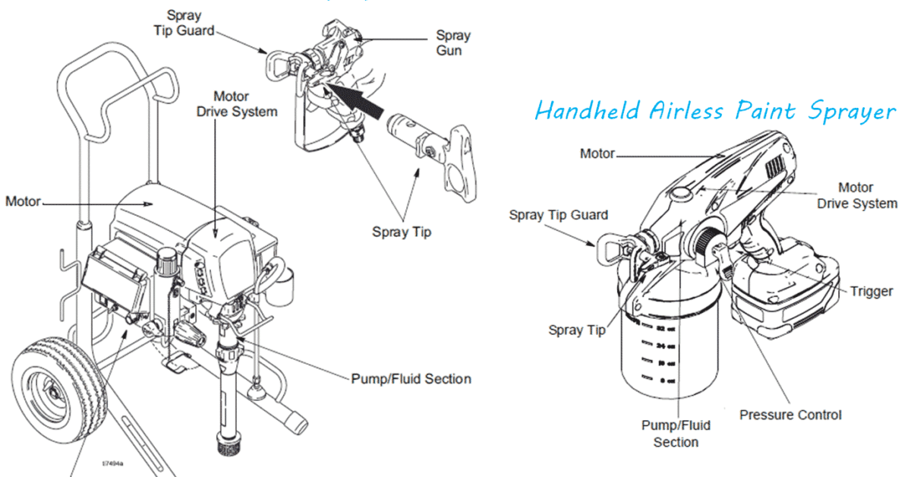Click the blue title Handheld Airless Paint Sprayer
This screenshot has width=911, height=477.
[x=714, y=112]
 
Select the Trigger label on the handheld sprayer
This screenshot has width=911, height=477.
[x=871, y=291]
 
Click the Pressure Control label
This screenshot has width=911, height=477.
[x=790, y=415]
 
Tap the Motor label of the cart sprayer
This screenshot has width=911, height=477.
[x=22, y=201]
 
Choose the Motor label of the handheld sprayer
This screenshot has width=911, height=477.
[x=597, y=153]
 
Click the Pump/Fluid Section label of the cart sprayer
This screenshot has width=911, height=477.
[x=411, y=378]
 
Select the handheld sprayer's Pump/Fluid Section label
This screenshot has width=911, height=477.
[x=676, y=434]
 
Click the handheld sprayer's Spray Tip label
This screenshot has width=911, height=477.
[x=577, y=330]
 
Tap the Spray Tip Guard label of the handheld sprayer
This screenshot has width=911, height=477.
[x=558, y=215]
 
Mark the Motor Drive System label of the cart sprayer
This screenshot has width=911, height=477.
[x=237, y=104]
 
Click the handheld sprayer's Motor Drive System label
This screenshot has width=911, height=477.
[x=856, y=195]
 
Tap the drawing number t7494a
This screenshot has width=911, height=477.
[x=115, y=461]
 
